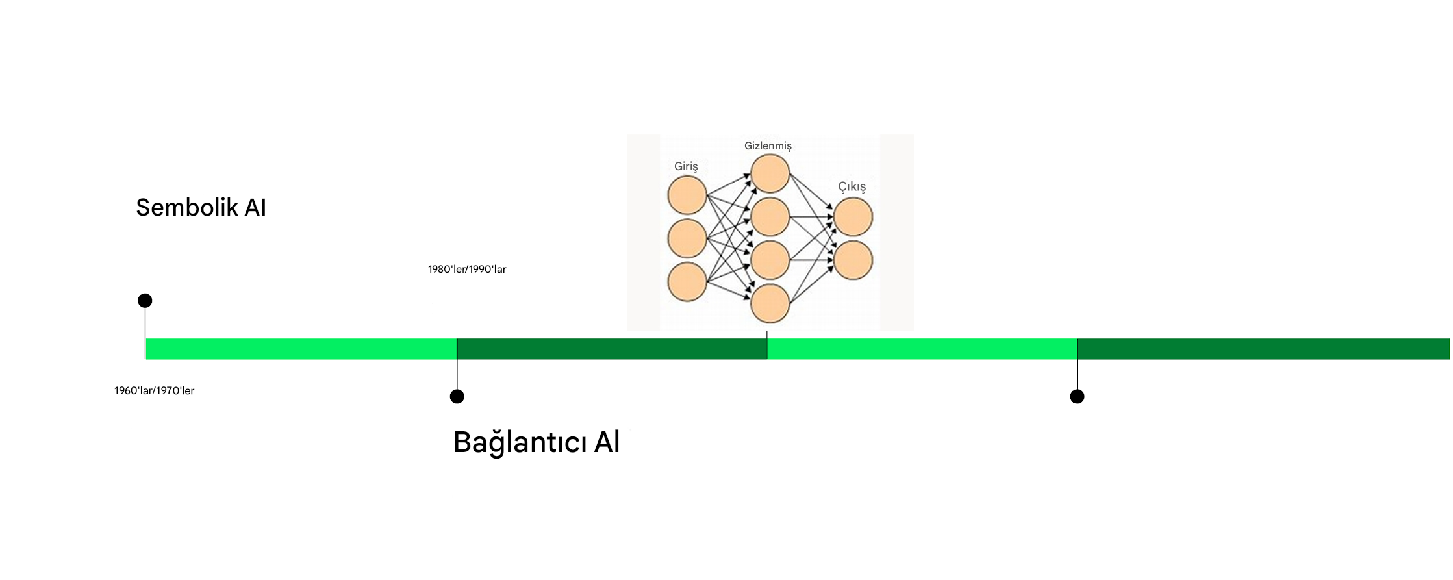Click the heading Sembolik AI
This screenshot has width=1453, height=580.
(x=201, y=207)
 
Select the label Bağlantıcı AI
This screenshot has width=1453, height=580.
(x=537, y=442)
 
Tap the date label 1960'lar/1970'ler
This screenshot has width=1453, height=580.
(x=155, y=390)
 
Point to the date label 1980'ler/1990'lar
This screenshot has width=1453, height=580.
(x=467, y=269)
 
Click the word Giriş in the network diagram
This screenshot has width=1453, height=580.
(x=686, y=167)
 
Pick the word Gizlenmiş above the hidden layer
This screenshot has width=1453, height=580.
(x=768, y=146)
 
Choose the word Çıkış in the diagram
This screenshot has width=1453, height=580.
(x=852, y=187)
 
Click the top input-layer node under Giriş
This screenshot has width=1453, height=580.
(x=687, y=195)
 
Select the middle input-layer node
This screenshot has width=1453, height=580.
(x=687, y=238)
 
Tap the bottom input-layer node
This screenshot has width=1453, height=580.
(x=687, y=282)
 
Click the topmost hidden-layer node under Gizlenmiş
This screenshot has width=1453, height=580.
(x=770, y=173)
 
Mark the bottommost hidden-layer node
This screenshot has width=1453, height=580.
(x=770, y=303)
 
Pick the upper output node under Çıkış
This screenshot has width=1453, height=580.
(x=853, y=217)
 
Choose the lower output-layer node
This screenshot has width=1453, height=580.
(x=853, y=260)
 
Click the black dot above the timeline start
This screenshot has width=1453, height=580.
(x=145, y=301)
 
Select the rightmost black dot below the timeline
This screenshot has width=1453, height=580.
(x=1077, y=396)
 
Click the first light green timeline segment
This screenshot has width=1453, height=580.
(x=301, y=349)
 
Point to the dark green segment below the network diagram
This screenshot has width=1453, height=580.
(x=612, y=349)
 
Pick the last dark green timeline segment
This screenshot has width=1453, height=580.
(x=1263, y=349)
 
